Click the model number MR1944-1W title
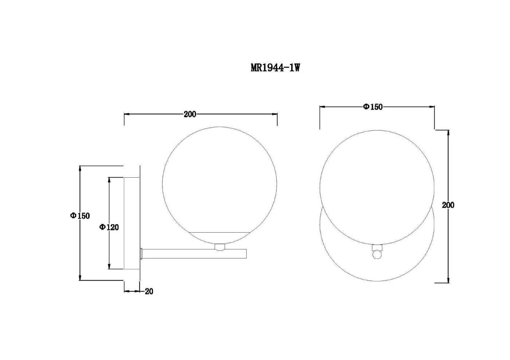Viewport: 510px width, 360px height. click(275, 68)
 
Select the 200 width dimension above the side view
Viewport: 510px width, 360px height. click(190, 114)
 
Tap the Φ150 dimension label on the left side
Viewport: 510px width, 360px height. click(80, 215)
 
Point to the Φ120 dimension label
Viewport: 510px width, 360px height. click(109, 227)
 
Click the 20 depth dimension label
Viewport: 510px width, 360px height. click(149, 291)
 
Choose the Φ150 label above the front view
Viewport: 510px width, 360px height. click(373, 107)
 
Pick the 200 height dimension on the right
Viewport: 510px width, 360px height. click(448, 205)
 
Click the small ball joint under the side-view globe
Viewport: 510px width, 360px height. click(220, 247)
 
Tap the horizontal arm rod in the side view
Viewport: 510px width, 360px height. click(194, 253)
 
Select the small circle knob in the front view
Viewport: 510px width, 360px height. click(377, 254)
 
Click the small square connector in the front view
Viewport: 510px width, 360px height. click(377, 248)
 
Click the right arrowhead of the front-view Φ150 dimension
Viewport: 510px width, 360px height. click(431, 107)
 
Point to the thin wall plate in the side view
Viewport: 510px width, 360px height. click(140, 223)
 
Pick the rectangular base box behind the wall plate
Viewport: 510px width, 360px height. click(132, 223)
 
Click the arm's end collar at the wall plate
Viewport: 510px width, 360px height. click(142, 253)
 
